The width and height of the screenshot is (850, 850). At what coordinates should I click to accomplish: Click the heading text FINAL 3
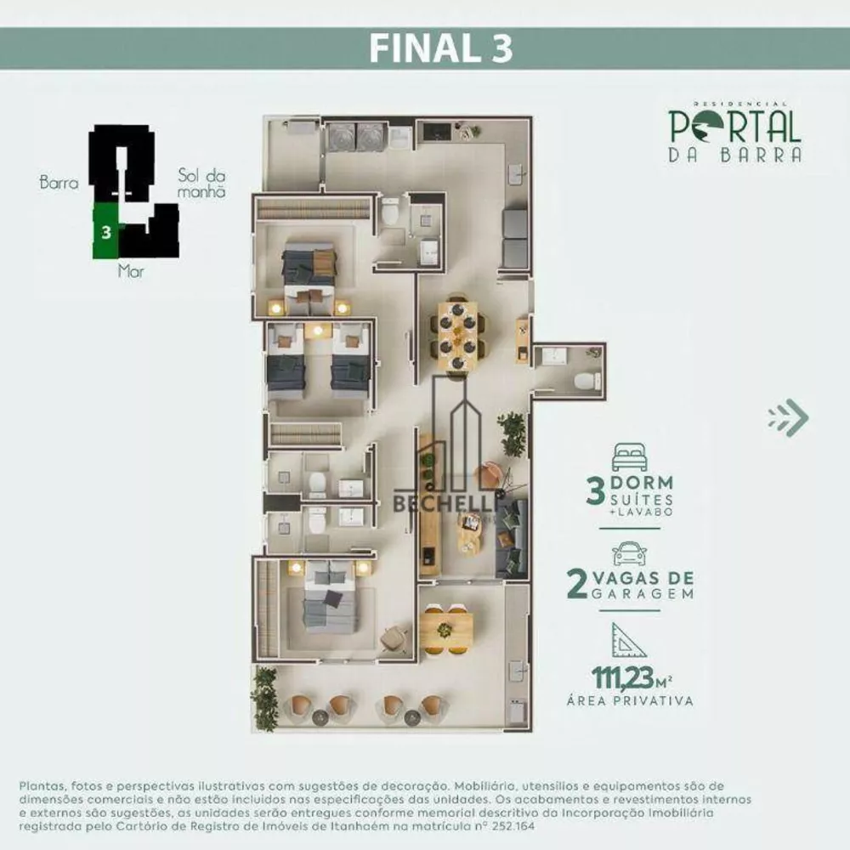pyautogui.click(x=440, y=48)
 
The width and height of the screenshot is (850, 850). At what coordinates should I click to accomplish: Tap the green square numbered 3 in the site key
pyautogui.click(x=105, y=231)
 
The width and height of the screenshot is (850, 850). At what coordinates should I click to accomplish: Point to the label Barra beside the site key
pyautogui.click(x=59, y=182)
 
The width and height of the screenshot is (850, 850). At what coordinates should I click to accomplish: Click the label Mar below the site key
pyautogui.click(x=131, y=274)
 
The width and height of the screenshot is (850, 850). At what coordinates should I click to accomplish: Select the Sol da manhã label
pyautogui.click(x=201, y=183)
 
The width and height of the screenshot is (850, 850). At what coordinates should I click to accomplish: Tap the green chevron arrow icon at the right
pyautogui.click(x=788, y=416)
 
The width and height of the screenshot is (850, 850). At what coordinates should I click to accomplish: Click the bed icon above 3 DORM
pyautogui.click(x=628, y=456)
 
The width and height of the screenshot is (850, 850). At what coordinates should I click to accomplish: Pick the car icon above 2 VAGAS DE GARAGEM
pyautogui.click(x=629, y=552)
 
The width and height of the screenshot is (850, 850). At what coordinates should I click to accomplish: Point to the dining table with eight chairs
pyautogui.click(x=457, y=334)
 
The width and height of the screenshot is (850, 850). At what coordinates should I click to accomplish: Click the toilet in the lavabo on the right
pyautogui.click(x=586, y=380)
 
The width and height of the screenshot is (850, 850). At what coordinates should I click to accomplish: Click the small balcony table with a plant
pyautogui.click(x=445, y=629)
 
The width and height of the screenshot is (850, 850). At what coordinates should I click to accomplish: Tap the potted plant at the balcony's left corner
pyautogui.click(x=264, y=697)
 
